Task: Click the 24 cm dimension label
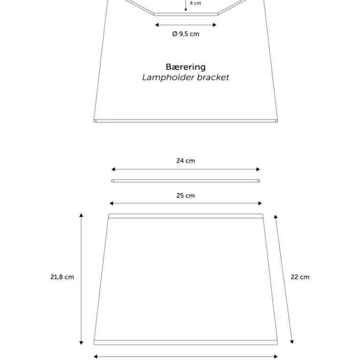coord(186,161)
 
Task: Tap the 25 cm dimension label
coord(186,195)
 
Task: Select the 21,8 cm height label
coord(62,277)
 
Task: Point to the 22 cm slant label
coord(300,277)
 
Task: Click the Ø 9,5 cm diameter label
coord(186,34)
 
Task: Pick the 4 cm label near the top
coord(195,3)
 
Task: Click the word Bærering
coord(186,67)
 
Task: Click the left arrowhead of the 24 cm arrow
coord(113,169)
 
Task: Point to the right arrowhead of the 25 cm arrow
coord(260,203)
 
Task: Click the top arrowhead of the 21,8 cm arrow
coord(81,215)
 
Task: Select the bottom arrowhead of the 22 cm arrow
coord(292,342)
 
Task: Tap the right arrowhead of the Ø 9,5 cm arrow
coord(215,25)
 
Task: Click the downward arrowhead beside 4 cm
coord(186,9)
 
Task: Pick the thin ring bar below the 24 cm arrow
coord(186,181)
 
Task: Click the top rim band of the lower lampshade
coord(186,216)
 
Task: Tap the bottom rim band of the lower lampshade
coord(186,342)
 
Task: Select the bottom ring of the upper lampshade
coord(186,121)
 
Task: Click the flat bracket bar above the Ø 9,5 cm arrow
coord(186,14)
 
